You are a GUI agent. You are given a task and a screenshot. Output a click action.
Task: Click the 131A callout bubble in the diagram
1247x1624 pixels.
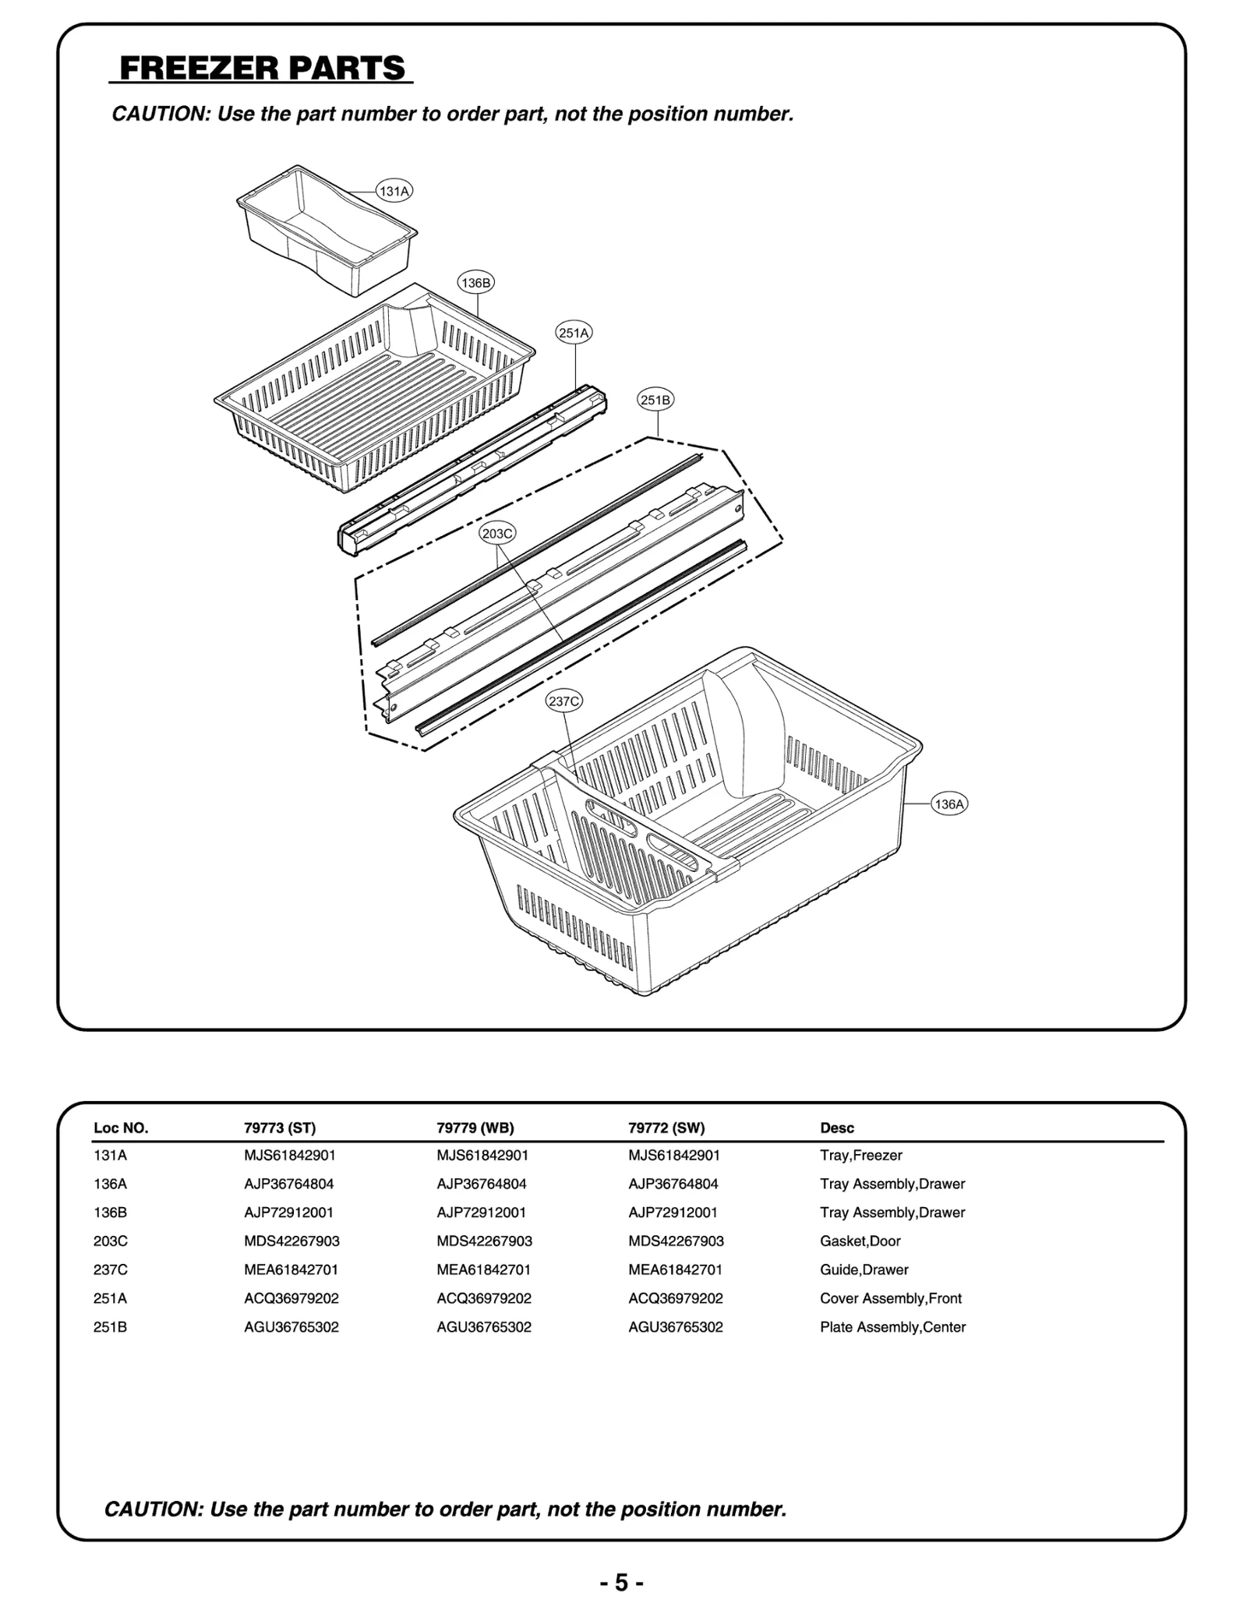pyautogui.click(x=394, y=191)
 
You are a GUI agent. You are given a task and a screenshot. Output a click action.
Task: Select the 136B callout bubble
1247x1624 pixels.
pyautogui.click(x=475, y=283)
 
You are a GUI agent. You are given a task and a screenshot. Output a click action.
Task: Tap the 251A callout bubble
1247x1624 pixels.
pyautogui.click(x=574, y=333)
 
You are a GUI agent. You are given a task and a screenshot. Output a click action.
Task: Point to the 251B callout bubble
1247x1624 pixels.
pyautogui.click(x=655, y=400)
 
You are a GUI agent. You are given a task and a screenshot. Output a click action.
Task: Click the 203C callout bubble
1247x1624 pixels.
pyautogui.click(x=497, y=534)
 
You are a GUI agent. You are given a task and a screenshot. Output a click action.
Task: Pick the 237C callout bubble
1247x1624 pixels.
pyautogui.click(x=564, y=701)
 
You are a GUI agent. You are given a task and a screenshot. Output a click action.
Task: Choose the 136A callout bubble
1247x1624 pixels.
pyautogui.click(x=949, y=804)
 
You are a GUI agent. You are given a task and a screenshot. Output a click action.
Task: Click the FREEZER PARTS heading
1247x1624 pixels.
pyautogui.click(x=262, y=69)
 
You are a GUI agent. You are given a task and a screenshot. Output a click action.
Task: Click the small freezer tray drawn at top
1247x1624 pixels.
pyautogui.click(x=327, y=230)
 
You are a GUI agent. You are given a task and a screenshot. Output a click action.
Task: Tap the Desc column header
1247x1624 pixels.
pyautogui.click(x=837, y=1128)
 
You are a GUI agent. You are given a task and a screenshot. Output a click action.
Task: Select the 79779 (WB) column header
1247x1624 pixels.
pyautogui.click(x=475, y=1128)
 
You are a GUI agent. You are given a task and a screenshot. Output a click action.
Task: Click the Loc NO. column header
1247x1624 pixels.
pyautogui.click(x=121, y=1128)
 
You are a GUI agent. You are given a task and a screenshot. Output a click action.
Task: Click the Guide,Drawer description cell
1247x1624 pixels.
pyautogui.click(x=864, y=1269)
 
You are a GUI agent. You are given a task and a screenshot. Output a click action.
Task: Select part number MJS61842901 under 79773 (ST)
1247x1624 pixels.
pyautogui.click(x=290, y=1155)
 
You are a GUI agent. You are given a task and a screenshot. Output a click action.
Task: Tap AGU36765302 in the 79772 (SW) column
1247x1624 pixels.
pyautogui.click(x=676, y=1327)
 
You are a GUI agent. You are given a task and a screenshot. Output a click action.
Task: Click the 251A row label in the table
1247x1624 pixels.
pyautogui.click(x=111, y=1298)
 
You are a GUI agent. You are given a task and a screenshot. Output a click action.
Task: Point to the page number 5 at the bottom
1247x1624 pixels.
pyautogui.click(x=621, y=1583)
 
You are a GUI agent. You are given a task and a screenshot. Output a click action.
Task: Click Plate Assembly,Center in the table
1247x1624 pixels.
pyautogui.click(x=892, y=1327)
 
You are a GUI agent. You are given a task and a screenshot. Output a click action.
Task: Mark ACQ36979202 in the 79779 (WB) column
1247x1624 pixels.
pyautogui.click(x=484, y=1298)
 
